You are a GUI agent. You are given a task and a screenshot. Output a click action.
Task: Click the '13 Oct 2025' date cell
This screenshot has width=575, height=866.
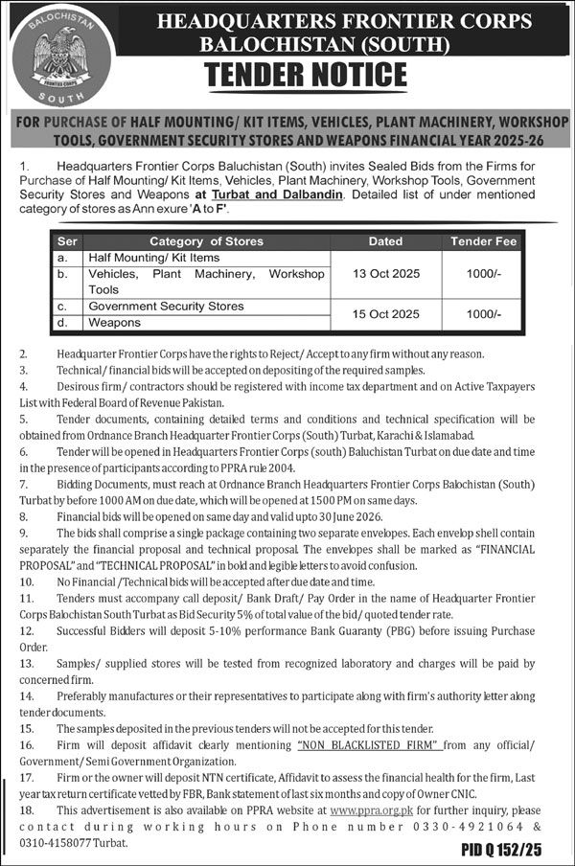point(385,273)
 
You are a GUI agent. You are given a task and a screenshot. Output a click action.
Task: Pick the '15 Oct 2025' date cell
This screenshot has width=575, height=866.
point(385,314)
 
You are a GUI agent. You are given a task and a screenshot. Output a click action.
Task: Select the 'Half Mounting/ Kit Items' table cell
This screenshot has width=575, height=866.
point(153,258)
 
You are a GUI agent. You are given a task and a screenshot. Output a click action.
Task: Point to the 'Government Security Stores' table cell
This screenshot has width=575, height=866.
point(165,307)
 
